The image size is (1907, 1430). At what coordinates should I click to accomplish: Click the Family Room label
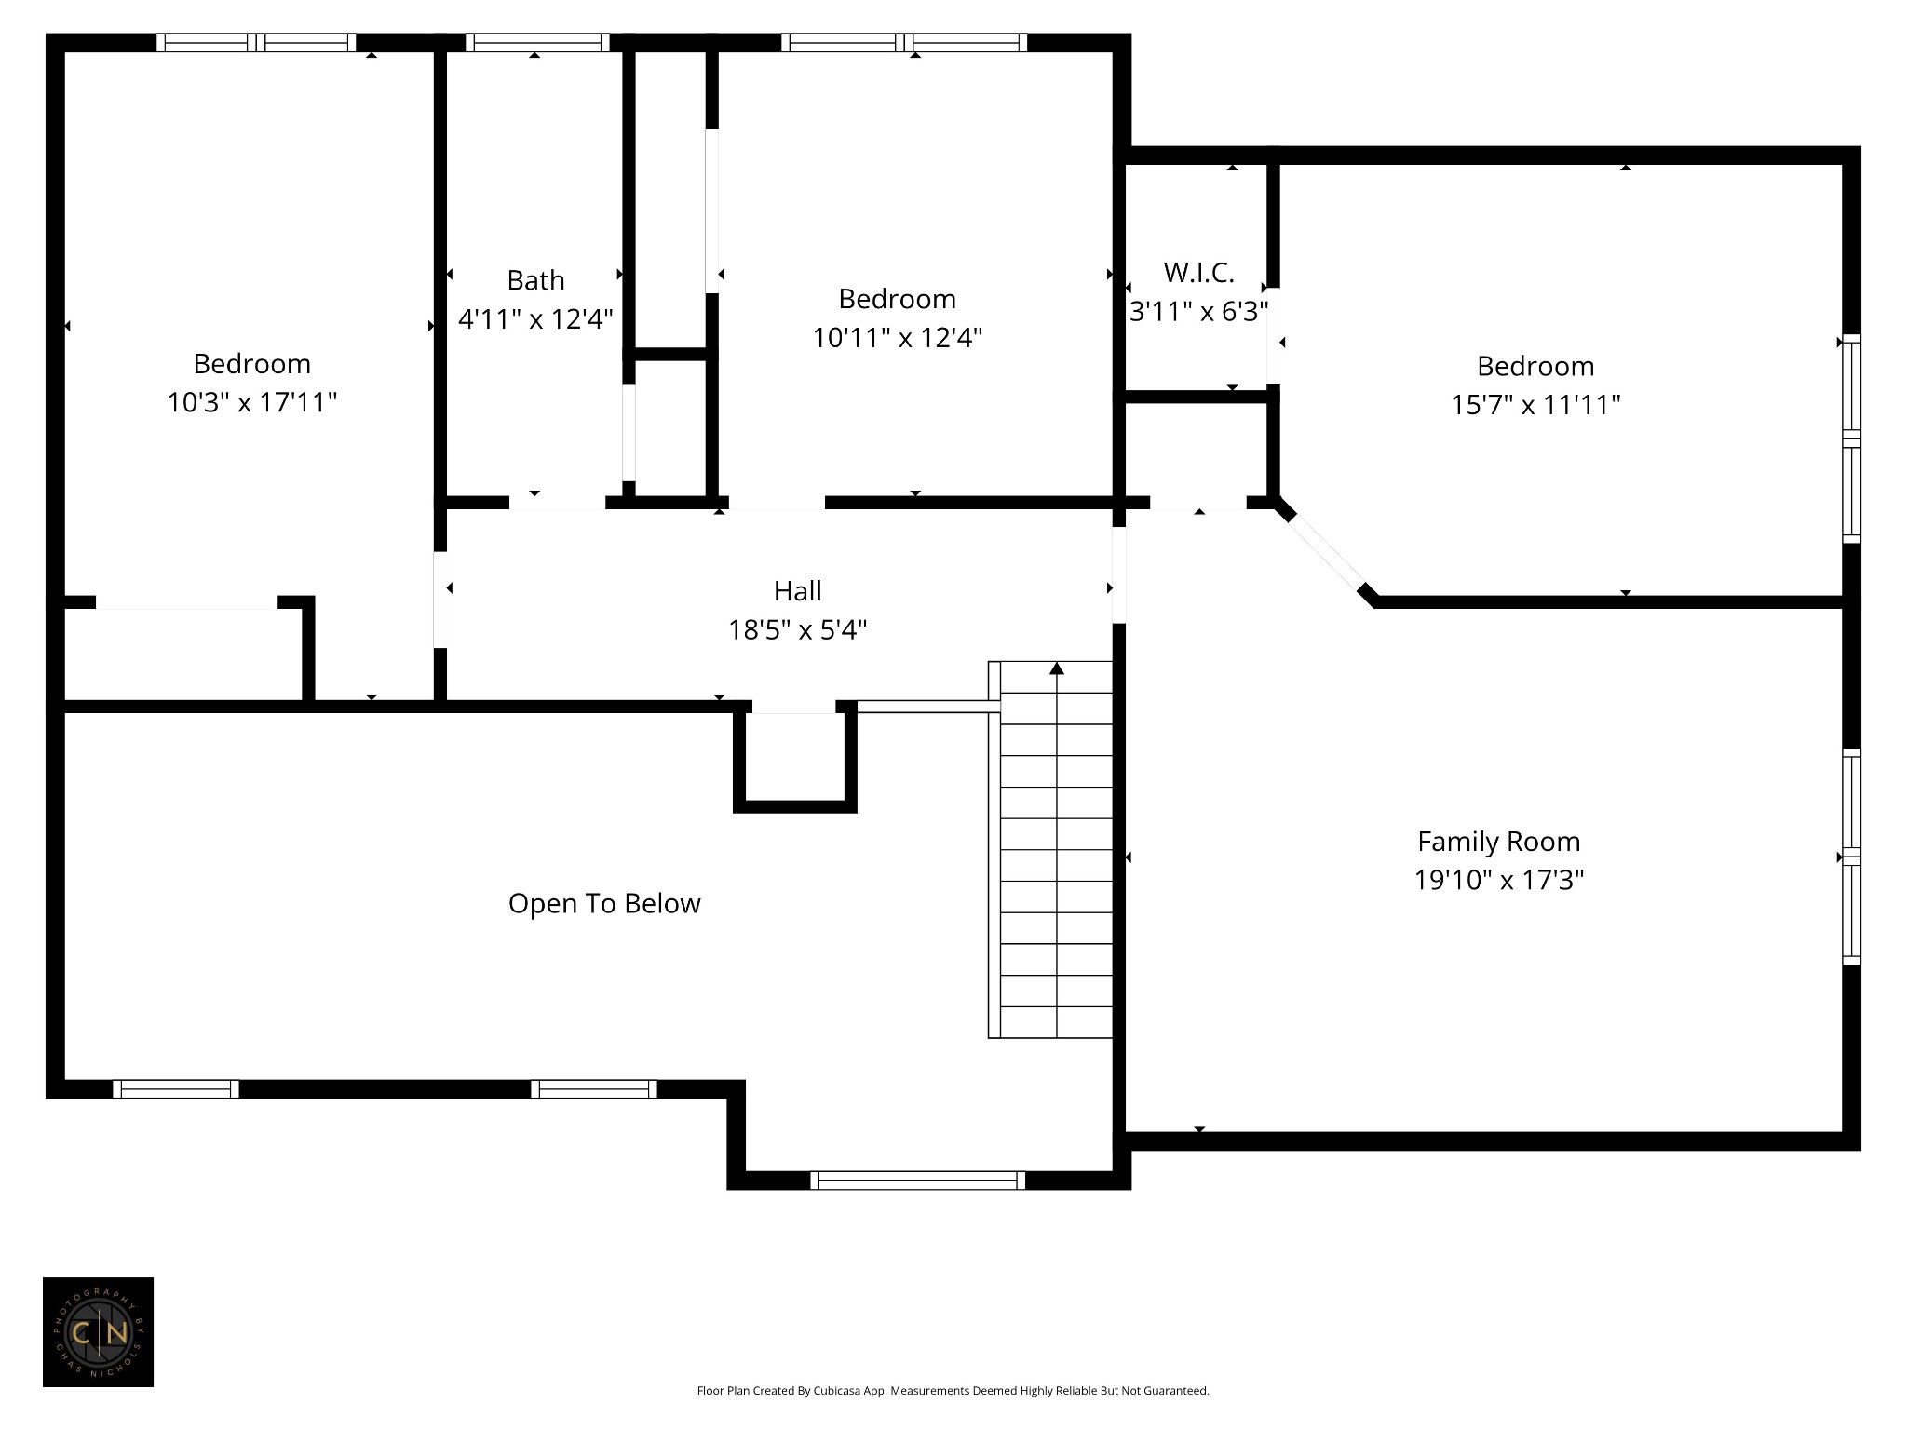point(1498,842)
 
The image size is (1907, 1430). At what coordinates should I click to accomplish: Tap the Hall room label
point(797,591)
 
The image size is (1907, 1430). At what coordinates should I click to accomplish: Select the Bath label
point(535,280)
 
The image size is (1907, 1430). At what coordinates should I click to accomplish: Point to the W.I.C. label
point(1198,273)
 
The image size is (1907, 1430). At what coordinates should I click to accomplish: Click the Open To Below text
point(604,903)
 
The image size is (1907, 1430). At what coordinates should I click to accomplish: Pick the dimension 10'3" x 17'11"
point(251,402)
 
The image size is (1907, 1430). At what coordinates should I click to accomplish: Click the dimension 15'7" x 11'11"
point(1535,405)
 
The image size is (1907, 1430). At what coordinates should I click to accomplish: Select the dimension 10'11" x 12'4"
point(897,337)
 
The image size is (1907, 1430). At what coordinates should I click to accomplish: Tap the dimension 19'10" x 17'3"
point(1498,880)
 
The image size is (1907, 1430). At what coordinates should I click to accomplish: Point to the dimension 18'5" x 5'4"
point(797,630)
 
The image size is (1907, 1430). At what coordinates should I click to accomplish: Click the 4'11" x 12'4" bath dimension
point(535,319)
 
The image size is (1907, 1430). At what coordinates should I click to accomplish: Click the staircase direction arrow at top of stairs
point(1056,667)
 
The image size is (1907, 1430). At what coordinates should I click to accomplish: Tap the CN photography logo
point(98,1332)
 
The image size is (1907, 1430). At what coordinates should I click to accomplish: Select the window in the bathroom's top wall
point(537,43)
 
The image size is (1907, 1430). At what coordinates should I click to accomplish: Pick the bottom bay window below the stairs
point(917,1180)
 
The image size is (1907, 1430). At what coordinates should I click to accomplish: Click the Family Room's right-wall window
point(1851,857)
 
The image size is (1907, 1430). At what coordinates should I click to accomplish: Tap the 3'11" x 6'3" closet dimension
point(1198,311)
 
